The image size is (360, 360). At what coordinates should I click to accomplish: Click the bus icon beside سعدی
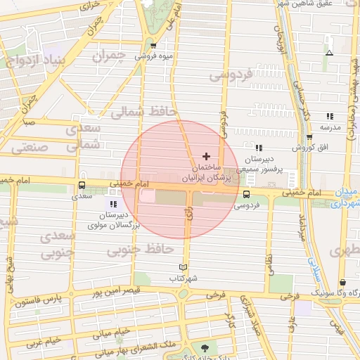82,186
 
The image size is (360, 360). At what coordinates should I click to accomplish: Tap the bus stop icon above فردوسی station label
246,194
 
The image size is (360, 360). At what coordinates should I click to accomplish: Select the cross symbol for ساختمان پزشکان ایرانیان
205,155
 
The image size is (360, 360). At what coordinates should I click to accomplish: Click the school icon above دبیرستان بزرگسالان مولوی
114,204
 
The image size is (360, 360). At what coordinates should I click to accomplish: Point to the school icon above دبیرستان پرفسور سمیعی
259,148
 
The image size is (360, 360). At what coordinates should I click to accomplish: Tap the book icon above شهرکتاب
184,267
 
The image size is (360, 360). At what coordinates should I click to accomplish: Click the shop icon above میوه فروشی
153,47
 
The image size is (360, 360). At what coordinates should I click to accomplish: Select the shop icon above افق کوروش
309,137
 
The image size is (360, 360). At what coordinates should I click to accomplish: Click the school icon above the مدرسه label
329,117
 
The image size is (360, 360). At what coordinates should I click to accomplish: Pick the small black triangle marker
329,53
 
